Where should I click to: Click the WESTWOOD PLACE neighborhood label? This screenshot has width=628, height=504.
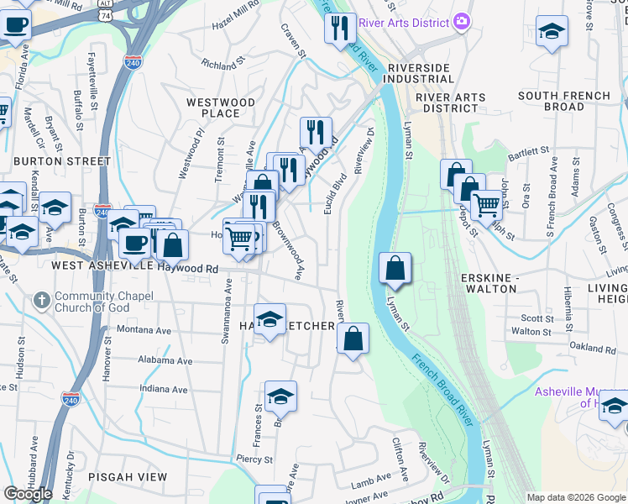[x=220, y=108]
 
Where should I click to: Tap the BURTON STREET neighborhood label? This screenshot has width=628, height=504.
[x=62, y=160]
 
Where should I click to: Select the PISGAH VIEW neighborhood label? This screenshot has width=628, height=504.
[x=128, y=476]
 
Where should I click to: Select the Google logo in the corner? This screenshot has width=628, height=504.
[x=28, y=494]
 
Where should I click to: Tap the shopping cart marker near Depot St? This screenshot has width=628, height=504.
[x=486, y=203]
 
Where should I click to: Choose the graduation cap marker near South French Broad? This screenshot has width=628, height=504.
[x=551, y=32]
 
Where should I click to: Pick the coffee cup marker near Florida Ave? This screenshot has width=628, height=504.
[x=15, y=25]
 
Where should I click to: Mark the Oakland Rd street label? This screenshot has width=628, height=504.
[x=592, y=346]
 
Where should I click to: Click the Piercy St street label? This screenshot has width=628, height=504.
[x=254, y=459]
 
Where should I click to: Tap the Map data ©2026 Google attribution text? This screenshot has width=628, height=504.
[x=576, y=497]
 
